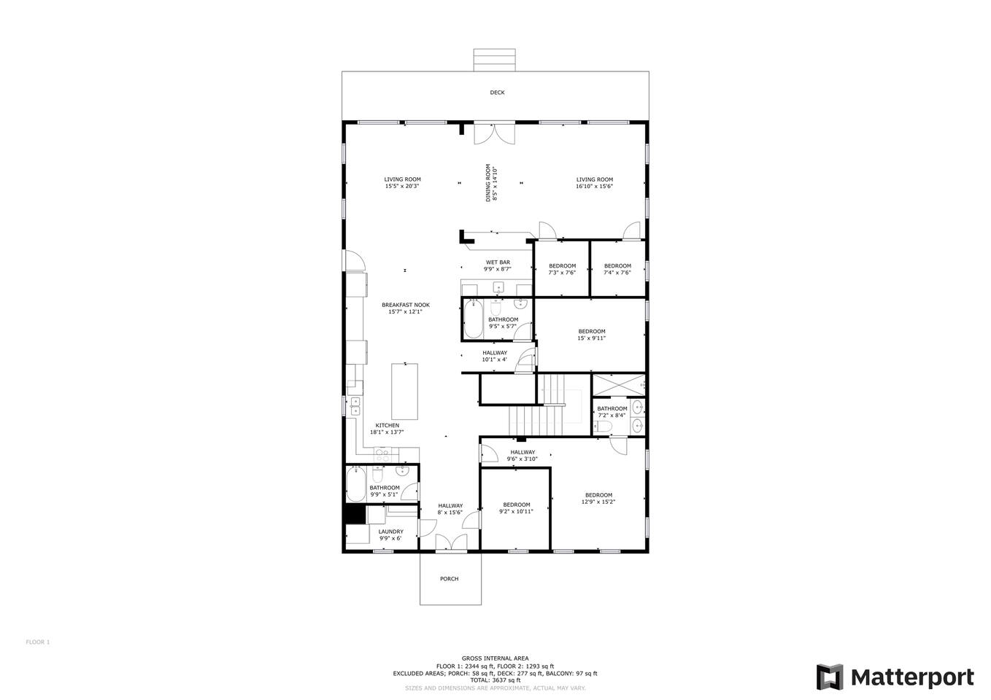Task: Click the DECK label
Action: [497, 93]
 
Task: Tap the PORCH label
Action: [449, 579]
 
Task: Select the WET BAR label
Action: [498, 262]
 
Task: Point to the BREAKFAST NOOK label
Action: [406, 305]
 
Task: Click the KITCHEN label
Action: [387, 426]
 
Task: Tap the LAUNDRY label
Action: [390, 532]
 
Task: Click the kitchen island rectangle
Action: [404, 392]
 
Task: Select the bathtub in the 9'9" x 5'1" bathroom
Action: [355, 484]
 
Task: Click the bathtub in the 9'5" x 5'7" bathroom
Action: [474, 319]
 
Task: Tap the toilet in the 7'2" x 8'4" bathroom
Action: [604, 427]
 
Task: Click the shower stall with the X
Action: [619, 385]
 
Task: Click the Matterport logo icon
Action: [830, 677]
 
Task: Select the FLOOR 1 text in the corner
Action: [38, 642]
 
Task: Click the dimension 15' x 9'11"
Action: [592, 338]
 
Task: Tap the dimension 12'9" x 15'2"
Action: [598, 502]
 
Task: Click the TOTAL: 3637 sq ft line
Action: [495, 680]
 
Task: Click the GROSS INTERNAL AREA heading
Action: [495, 658]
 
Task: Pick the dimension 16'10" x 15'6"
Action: [594, 187]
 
